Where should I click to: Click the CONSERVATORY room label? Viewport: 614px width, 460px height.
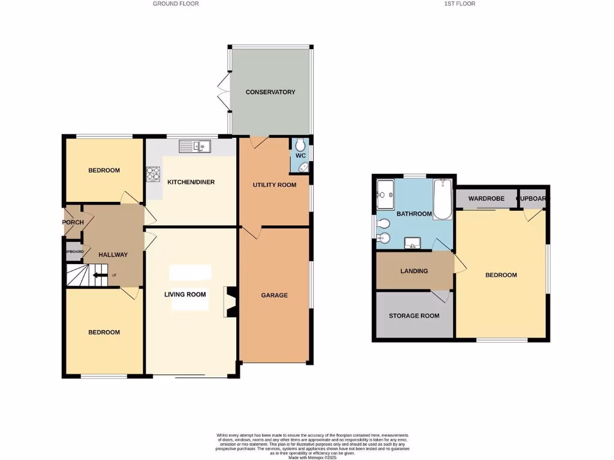[x=270, y=92]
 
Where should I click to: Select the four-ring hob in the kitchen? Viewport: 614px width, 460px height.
[x=153, y=174]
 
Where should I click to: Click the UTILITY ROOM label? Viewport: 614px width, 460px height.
[x=275, y=184]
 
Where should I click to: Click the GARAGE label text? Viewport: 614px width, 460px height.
[x=274, y=295]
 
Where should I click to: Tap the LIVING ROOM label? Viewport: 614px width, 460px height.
[x=186, y=294]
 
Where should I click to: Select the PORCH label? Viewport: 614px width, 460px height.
[x=73, y=222]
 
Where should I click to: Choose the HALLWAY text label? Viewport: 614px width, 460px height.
[x=113, y=255]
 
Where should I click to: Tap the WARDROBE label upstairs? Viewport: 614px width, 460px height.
[x=485, y=198]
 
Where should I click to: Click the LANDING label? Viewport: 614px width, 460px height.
[x=414, y=271]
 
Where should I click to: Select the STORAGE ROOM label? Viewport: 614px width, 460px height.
[x=414, y=316]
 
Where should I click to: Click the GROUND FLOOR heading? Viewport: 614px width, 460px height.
[x=176, y=4]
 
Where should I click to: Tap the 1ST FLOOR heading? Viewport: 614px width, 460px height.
[x=460, y=4]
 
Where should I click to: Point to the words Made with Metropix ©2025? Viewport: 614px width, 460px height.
[x=312, y=458]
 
